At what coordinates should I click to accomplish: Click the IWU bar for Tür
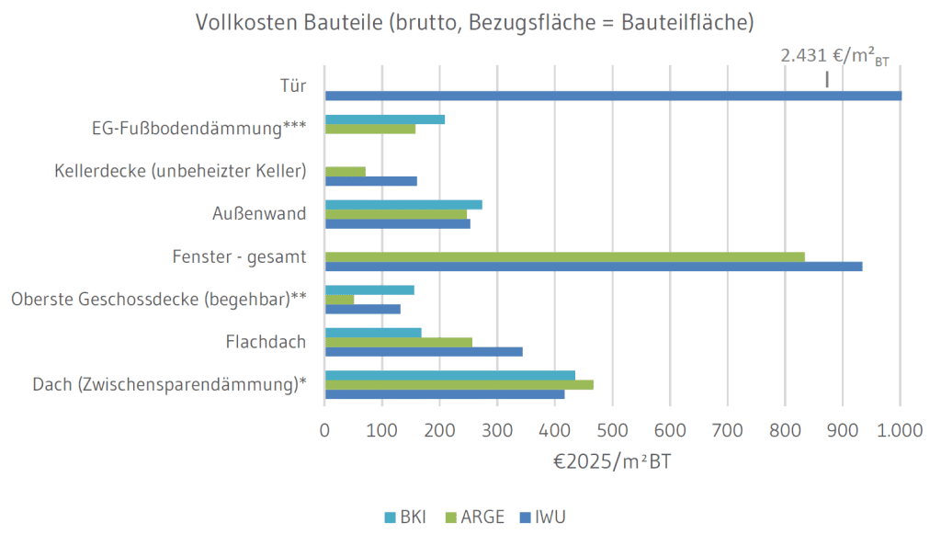613,96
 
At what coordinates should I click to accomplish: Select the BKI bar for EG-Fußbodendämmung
385,119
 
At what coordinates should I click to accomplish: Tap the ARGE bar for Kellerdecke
346,171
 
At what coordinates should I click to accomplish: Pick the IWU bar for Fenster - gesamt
594,267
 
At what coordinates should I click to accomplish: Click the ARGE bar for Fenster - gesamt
565,256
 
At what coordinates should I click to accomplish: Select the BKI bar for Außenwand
403,204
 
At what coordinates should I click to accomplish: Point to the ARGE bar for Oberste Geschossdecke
340,300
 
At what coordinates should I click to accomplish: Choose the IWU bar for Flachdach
424,352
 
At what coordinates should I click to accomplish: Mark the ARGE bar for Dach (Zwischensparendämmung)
459,384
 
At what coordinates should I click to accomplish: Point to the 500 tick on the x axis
613,429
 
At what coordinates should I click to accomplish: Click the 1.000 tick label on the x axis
900,429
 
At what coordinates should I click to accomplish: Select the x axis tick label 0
325,429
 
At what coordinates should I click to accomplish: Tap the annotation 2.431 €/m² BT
834,57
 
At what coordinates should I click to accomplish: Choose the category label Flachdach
266,343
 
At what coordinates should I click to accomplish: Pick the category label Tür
292,87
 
